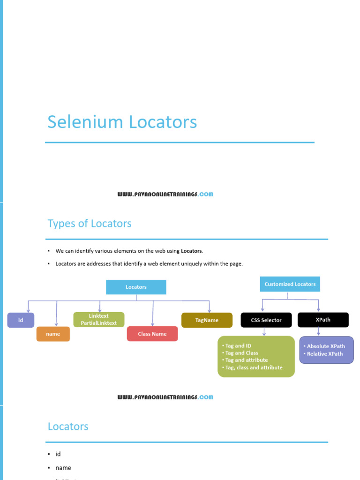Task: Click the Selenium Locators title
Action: [122, 122]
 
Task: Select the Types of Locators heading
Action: [90, 224]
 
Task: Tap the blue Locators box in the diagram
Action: [136, 287]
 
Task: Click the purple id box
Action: [21, 320]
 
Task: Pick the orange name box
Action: [53, 334]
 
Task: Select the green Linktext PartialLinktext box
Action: [98, 320]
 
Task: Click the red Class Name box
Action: [152, 334]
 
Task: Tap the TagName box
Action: [207, 320]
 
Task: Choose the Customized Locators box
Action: [290, 284]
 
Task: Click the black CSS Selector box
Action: [265, 320]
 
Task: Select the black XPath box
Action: [323, 320]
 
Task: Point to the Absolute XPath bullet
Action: [325, 346]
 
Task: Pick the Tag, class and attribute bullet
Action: [254, 367]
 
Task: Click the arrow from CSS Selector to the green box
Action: [264, 331]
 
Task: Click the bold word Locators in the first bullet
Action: [192, 251]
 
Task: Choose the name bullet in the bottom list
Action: [63, 468]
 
